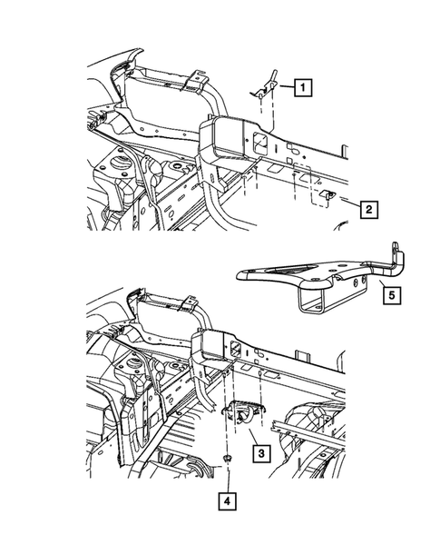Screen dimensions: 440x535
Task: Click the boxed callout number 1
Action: tap(303, 88)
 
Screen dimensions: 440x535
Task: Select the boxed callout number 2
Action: tap(369, 209)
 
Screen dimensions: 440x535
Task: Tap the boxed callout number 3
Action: tap(262, 453)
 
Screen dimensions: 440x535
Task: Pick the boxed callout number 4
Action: tap(228, 501)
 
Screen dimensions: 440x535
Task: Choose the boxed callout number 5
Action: tap(392, 295)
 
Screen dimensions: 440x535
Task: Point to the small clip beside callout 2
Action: tap(328, 194)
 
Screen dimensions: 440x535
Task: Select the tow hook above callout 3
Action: tap(244, 411)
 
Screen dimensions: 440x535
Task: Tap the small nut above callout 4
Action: tap(227, 458)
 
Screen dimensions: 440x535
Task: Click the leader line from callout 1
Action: tap(287, 87)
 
